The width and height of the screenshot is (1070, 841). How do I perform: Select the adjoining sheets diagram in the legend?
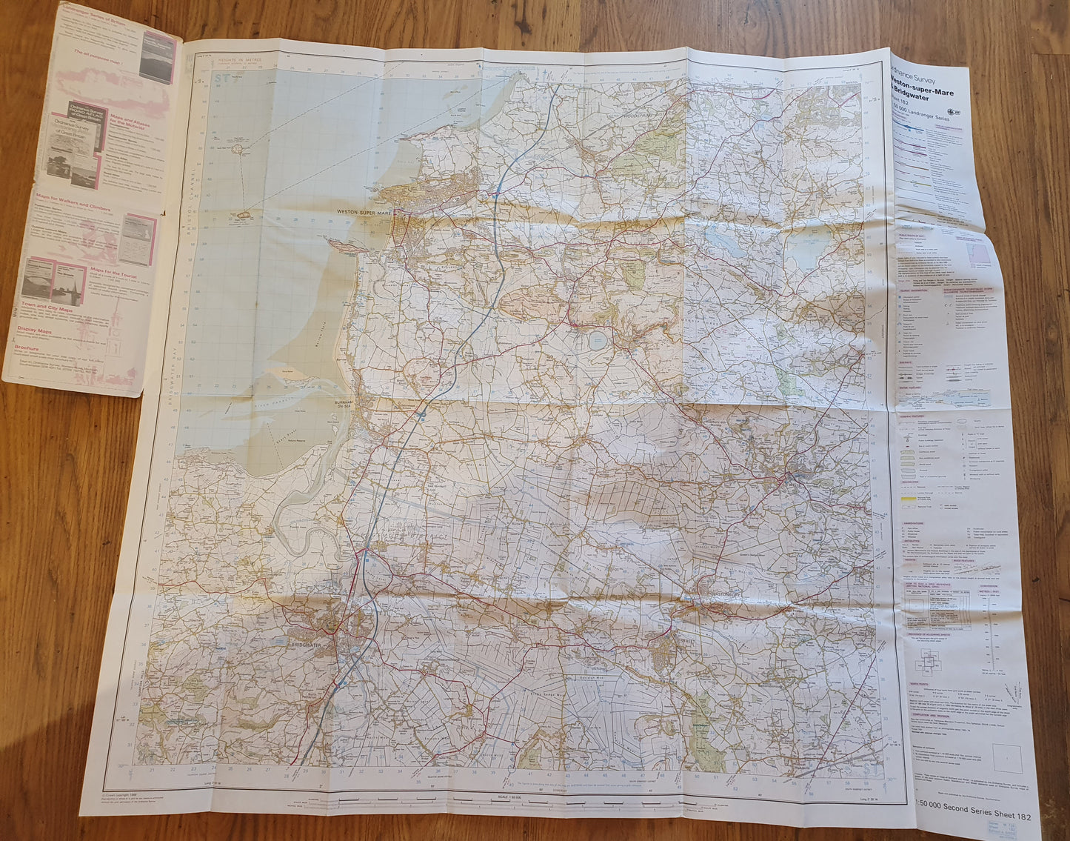tap(929, 659)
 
